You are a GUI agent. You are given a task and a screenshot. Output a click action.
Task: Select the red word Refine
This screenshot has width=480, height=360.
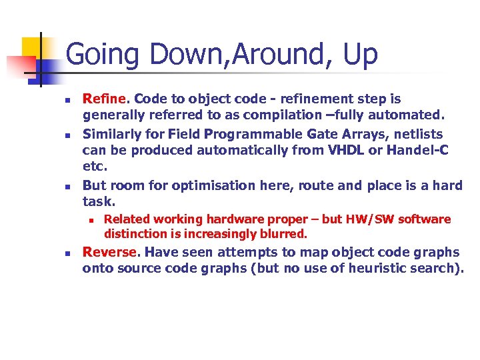click(103, 99)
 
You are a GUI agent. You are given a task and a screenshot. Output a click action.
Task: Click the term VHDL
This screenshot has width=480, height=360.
click(346, 151)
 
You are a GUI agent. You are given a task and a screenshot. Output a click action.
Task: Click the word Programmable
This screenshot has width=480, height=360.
click(233, 134)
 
